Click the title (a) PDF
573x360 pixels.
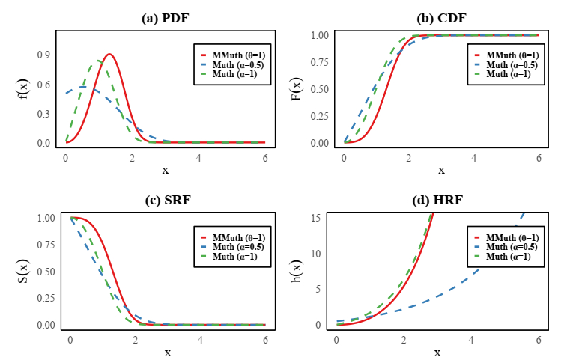[x=165, y=19]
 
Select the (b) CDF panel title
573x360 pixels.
[x=441, y=19]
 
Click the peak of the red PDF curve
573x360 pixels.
[x=109, y=54]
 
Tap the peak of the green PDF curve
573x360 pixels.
[x=98, y=61]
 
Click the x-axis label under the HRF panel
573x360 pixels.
[x=437, y=352]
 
